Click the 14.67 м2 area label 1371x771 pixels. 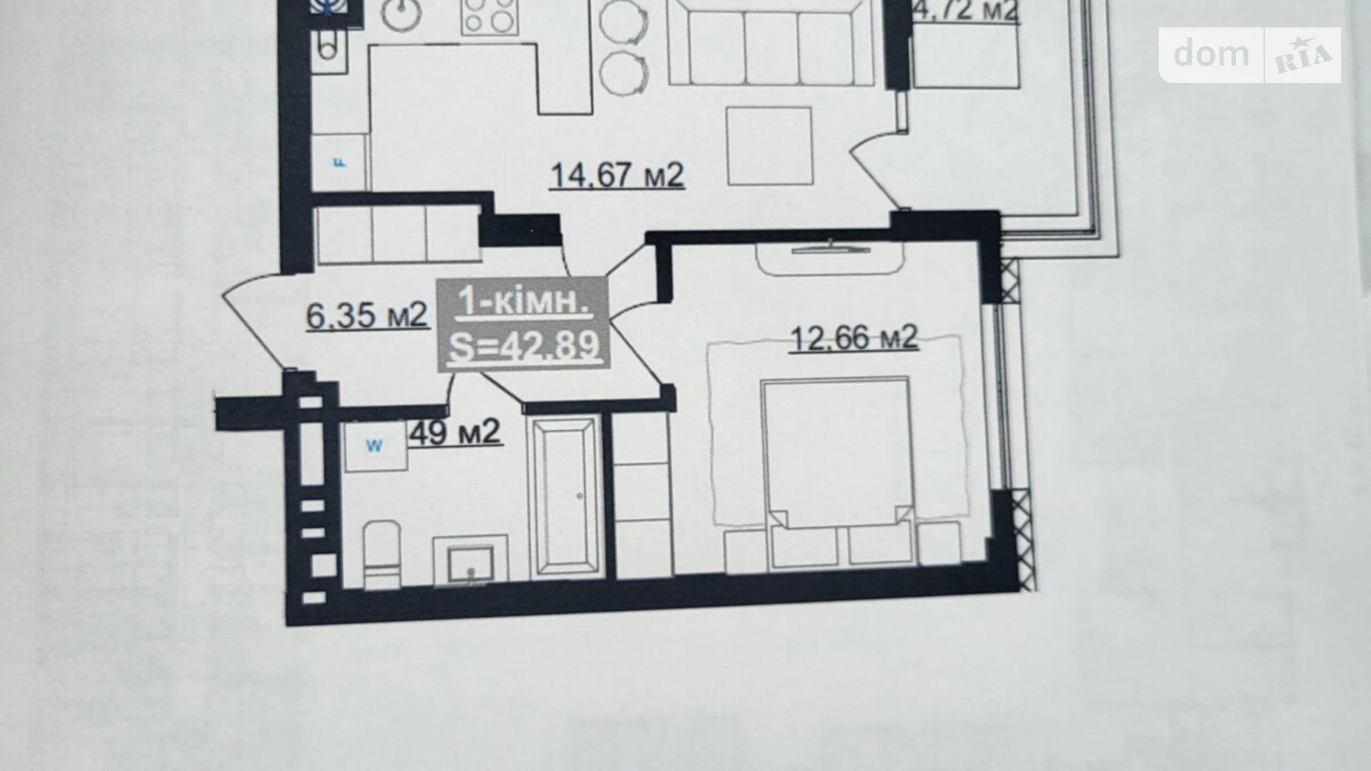pyautogui.click(x=617, y=176)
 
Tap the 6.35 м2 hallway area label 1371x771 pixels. pyautogui.click(x=367, y=316)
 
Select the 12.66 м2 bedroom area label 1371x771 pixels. pyautogui.click(x=854, y=338)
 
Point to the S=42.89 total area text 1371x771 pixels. pyautogui.click(x=524, y=345)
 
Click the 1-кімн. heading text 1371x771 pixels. pyautogui.click(x=524, y=301)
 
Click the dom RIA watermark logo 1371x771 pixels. pyautogui.click(x=1249, y=55)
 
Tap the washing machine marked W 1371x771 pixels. pyautogui.click(x=375, y=446)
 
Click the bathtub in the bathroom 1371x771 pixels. pyautogui.click(x=566, y=496)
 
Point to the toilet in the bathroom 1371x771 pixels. pyautogui.click(x=382, y=552)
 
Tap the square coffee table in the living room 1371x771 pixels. pyautogui.click(x=770, y=146)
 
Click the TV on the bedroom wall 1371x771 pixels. pyautogui.click(x=830, y=248)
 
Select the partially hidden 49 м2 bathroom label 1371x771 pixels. pyautogui.click(x=456, y=432)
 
